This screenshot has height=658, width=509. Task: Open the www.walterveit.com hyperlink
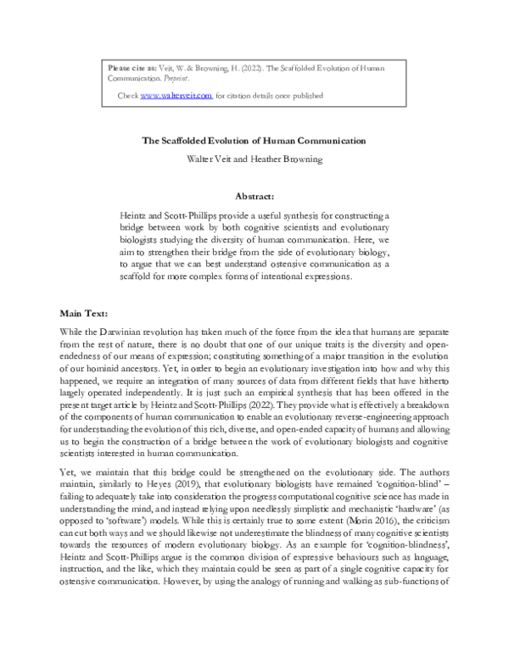pos(176,96)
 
